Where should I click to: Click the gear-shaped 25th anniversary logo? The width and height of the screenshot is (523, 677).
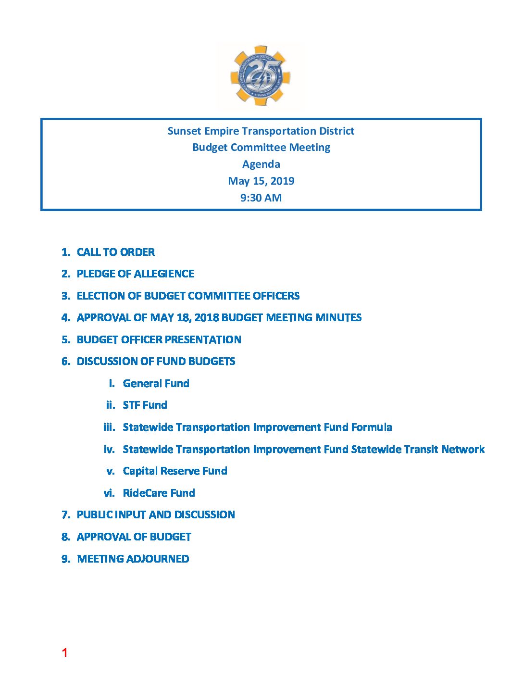261,76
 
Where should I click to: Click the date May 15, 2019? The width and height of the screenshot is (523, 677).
261,181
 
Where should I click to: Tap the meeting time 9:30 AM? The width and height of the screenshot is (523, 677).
261,198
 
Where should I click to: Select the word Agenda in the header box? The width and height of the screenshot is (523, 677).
261,164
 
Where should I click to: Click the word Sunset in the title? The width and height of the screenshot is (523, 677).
184,131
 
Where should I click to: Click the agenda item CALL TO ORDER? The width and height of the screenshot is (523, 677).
115,252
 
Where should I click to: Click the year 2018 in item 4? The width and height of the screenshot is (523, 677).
207,317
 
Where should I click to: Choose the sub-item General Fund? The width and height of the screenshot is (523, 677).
156,383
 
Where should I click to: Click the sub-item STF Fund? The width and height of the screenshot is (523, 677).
145,405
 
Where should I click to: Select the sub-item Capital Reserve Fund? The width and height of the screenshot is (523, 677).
175,471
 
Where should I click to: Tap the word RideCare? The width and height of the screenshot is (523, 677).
145,493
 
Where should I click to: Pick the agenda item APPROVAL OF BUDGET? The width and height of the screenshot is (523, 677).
134,537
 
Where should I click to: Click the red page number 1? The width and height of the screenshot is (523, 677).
64,652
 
